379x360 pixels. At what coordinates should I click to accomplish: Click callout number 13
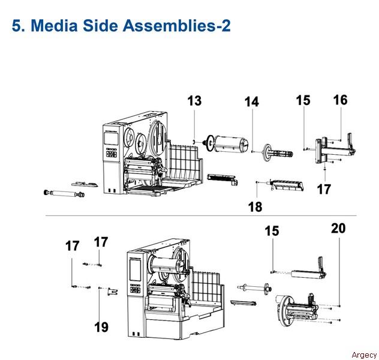click(x=194, y=101)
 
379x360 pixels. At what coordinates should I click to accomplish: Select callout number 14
click(x=252, y=101)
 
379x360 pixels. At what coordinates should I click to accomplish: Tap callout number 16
click(x=341, y=100)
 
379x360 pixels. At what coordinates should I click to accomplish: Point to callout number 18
click(x=255, y=207)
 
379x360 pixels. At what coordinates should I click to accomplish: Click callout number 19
click(x=101, y=327)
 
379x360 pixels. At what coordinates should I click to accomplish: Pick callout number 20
click(x=338, y=228)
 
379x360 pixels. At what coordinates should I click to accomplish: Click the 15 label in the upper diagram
click(x=303, y=100)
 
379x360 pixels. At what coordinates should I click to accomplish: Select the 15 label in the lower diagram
click(x=272, y=230)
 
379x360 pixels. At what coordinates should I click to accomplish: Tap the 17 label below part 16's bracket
click(x=324, y=189)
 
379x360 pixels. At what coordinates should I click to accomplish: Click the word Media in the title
click(x=54, y=25)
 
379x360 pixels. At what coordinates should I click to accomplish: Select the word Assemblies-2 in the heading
click(x=177, y=25)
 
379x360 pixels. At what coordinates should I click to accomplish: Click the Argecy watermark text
click(x=364, y=355)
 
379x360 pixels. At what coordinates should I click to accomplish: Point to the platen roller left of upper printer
click(x=64, y=193)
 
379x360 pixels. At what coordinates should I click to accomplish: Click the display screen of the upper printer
click(x=111, y=139)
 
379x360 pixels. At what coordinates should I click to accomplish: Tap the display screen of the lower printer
click(x=136, y=270)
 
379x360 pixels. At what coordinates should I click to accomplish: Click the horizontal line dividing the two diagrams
click(x=201, y=215)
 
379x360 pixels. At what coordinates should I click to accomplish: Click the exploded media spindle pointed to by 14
click(x=278, y=153)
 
